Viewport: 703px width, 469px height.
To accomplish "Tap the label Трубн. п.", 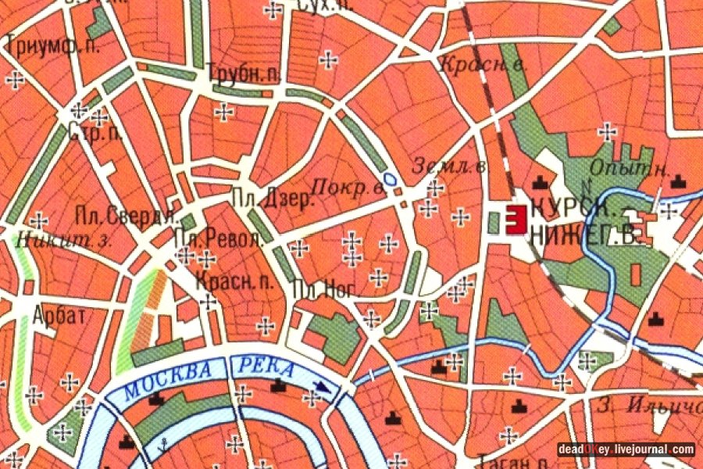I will (x=244, y=77).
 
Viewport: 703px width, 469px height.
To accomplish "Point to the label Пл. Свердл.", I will (x=128, y=215).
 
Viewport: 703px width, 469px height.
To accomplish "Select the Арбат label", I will (x=59, y=315).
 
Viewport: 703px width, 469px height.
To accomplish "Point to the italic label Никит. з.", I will (x=62, y=240).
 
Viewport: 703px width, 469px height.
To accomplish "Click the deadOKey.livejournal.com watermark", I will (x=626, y=449).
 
